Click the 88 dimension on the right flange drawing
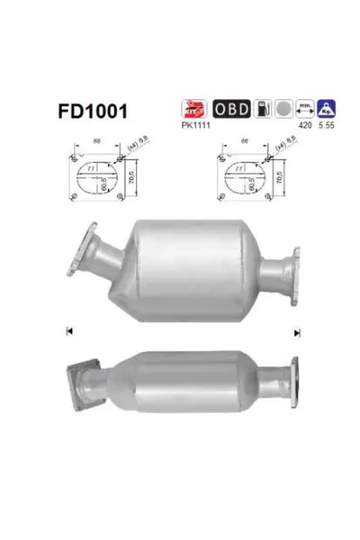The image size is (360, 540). (246, 140)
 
